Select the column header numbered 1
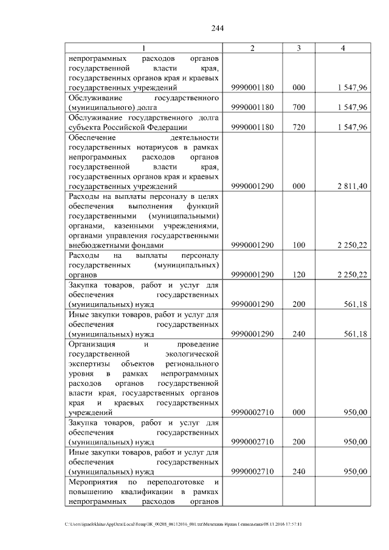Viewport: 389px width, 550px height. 143,48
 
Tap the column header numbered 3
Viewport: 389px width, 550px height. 298,48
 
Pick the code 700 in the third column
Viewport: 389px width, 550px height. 298,108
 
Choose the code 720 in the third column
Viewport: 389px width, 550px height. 298,127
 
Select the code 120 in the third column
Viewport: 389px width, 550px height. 298,275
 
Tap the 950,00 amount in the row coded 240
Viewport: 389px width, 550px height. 355,471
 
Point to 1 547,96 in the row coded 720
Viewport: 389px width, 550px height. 353,127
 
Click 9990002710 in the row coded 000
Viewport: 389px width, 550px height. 253,412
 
